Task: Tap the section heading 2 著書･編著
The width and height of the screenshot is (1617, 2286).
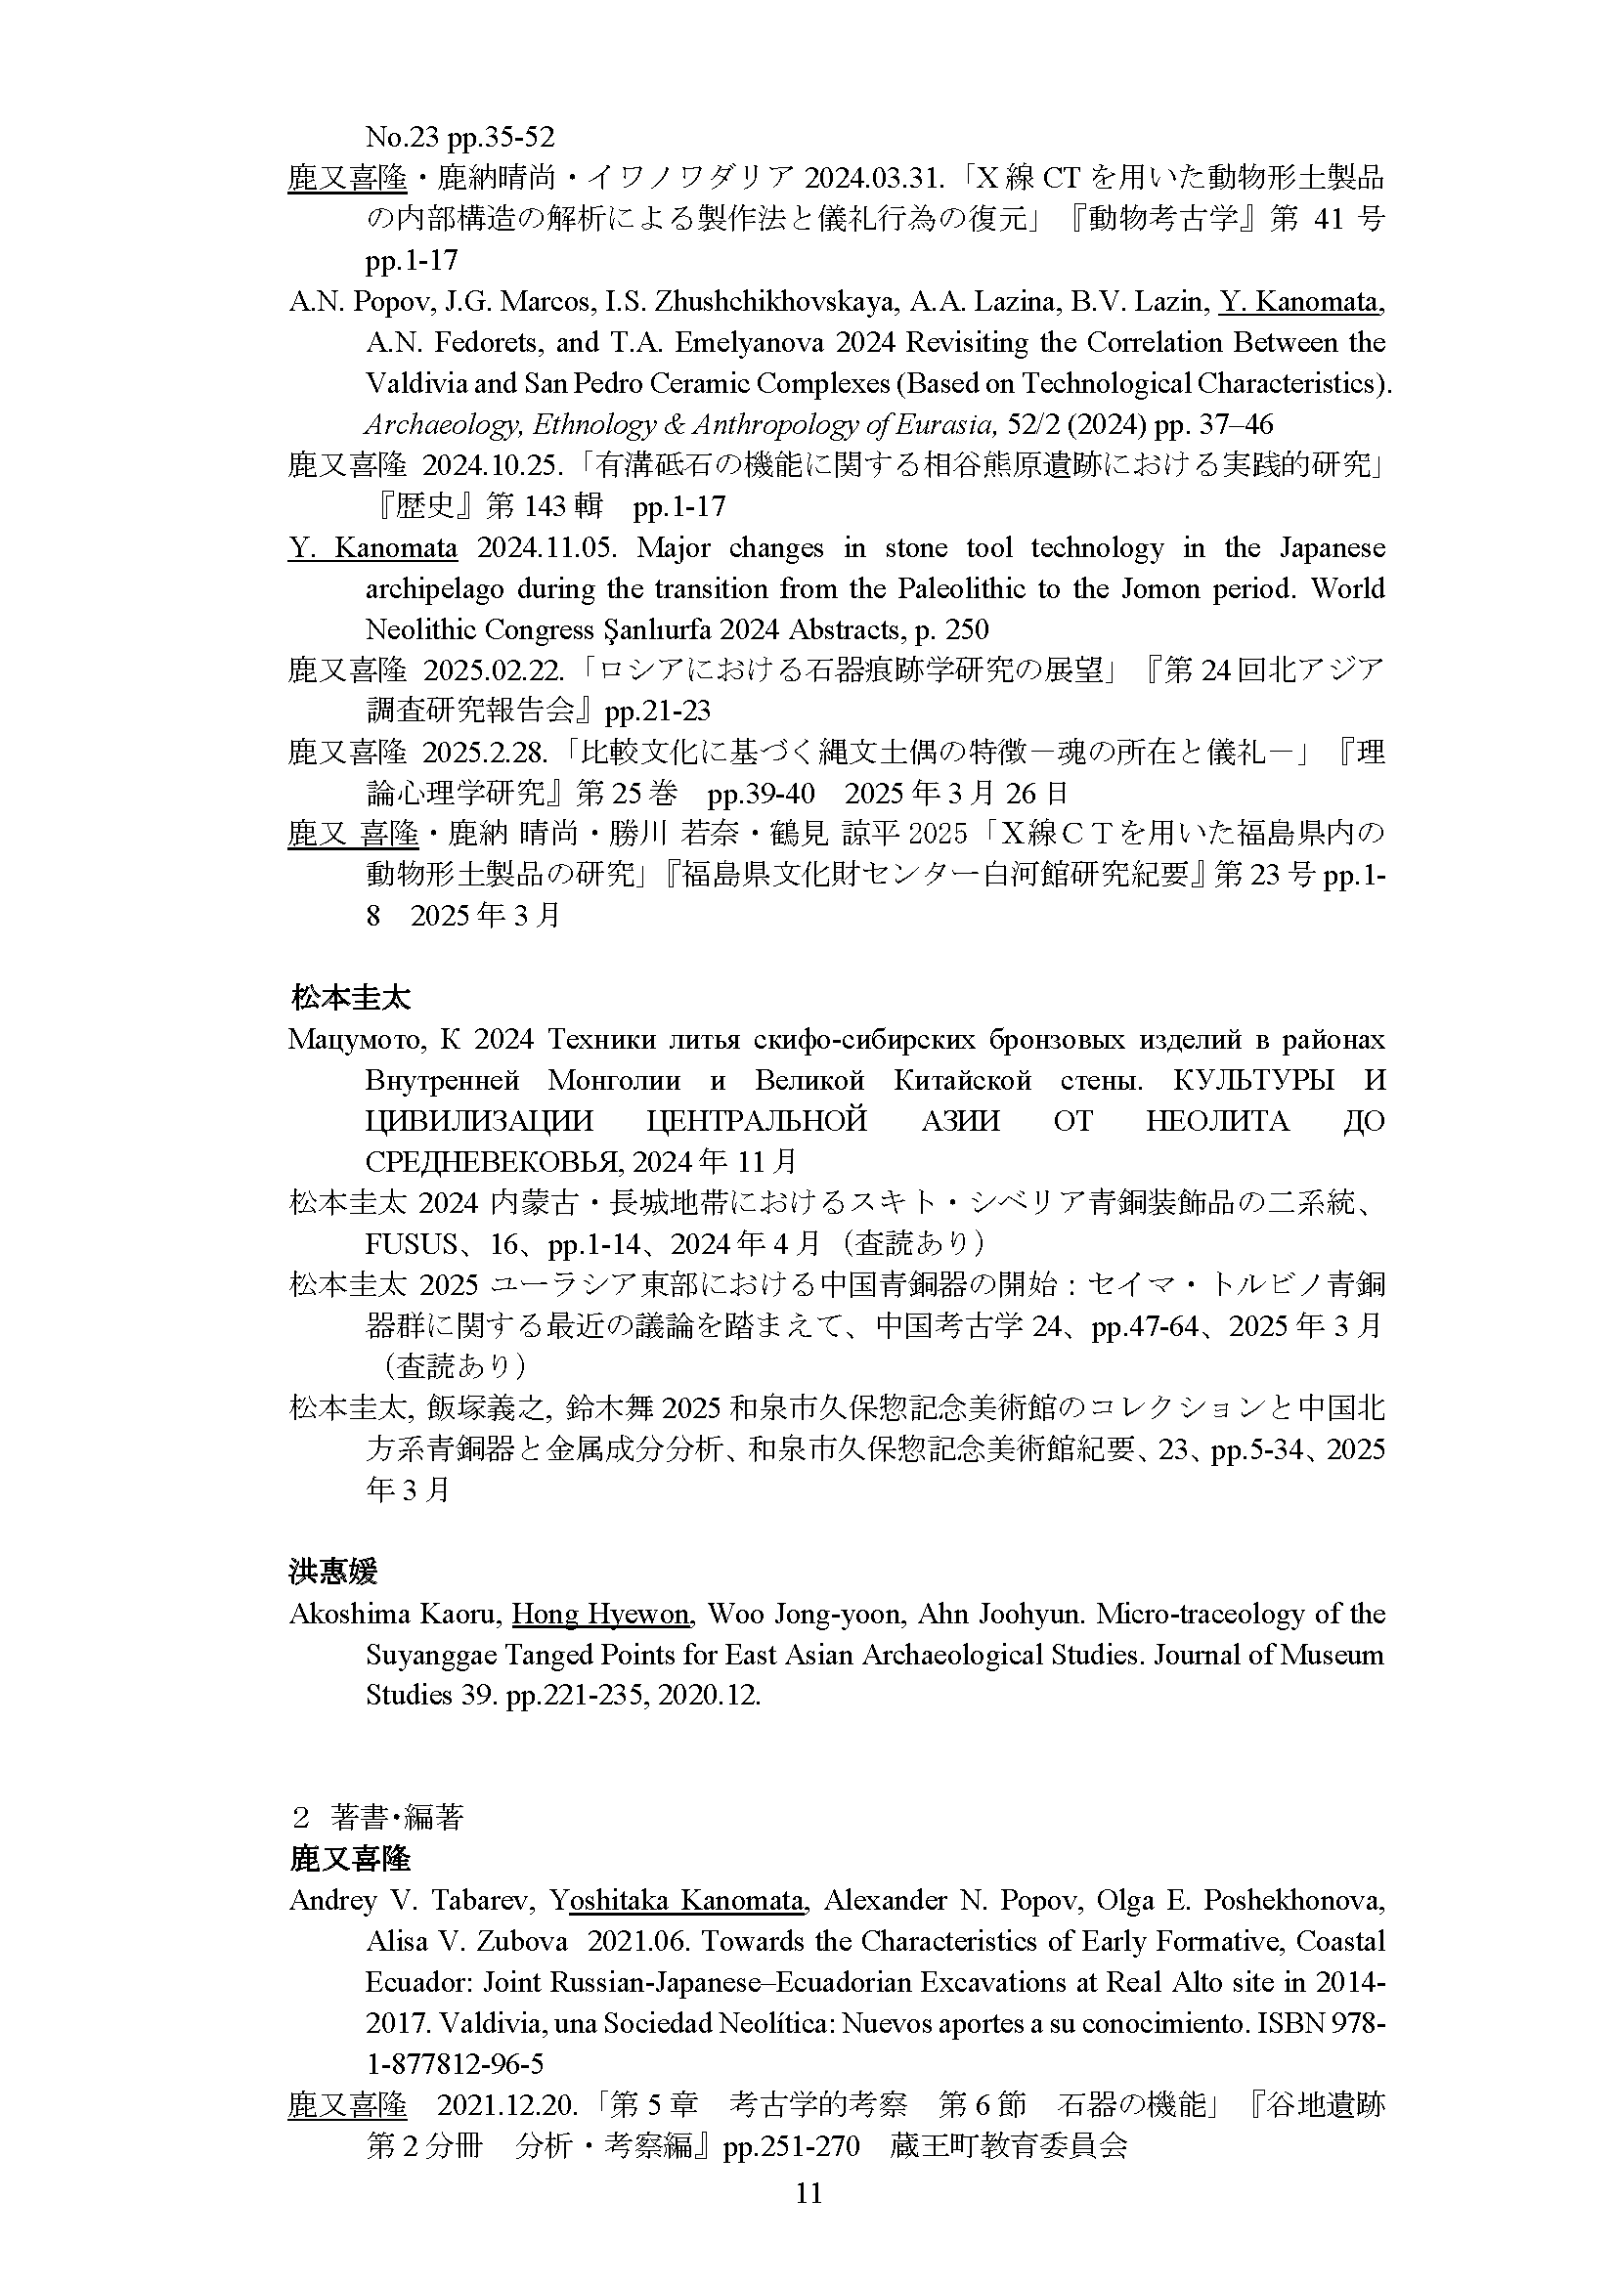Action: (x=377, y=1818)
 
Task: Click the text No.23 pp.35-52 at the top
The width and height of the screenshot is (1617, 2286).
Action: (x=460, y=137)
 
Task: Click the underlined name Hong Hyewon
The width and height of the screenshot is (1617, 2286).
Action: (x=600, y=1614)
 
